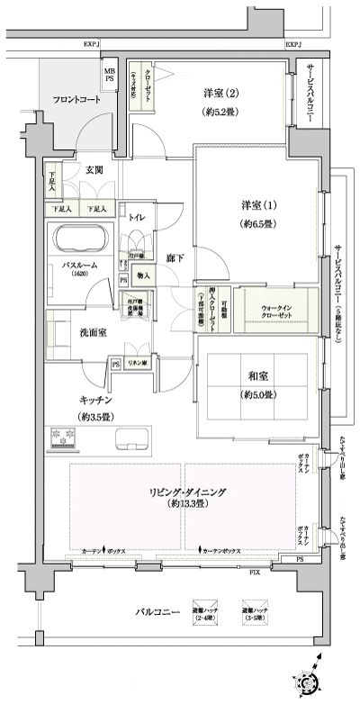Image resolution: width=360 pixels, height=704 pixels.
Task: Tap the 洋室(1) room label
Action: (252, 204)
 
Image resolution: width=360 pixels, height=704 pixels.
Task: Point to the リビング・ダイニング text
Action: (187, 492)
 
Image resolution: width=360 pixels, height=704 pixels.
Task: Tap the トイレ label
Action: (138, 217)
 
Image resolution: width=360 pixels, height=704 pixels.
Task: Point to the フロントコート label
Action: (76, 100)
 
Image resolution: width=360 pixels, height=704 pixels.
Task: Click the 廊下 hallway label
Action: (175, 259)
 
